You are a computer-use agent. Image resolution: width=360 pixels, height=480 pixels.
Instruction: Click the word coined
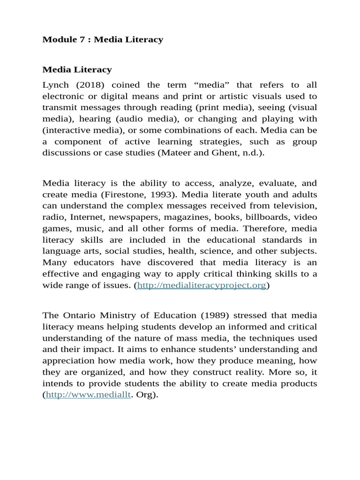click(x=129, y=85)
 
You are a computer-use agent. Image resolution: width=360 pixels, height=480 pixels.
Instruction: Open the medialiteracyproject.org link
click(x=202, y=285)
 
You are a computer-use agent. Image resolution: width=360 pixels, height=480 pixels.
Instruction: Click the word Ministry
click(x=120, y=315)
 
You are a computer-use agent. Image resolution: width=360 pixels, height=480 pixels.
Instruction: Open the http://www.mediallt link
click(x=88, y=395)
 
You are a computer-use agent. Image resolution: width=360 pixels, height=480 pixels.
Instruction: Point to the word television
click(x=296, y=206)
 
